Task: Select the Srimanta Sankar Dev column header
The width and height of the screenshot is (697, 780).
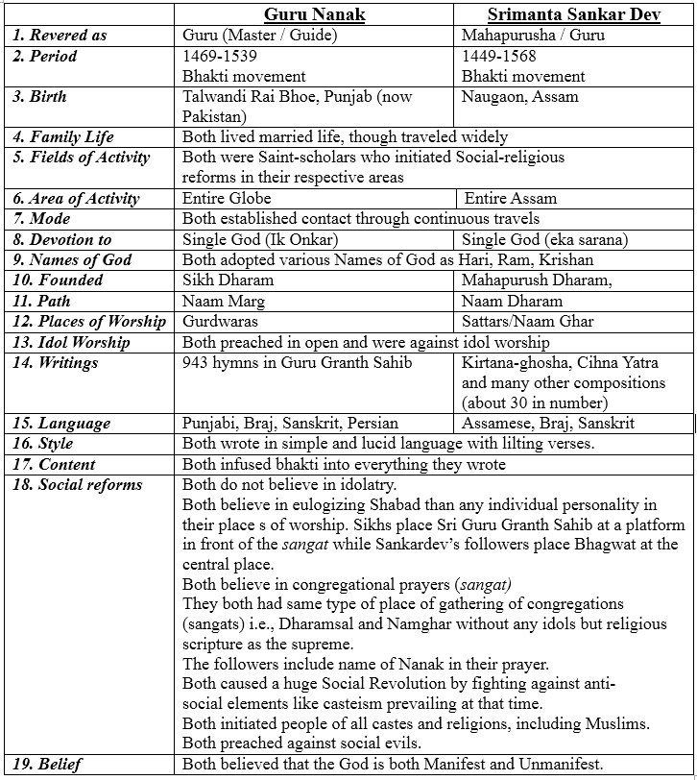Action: click(x=574, y=15)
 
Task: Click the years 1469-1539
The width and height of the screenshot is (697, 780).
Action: click(x=216, y=57)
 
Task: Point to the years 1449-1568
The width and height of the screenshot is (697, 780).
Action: click(x=498, y=57)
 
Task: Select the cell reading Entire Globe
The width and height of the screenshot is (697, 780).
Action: click(x=227, y=199)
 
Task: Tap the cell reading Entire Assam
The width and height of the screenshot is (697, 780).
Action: click(x=510, y=199)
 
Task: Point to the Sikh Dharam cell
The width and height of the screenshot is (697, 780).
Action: click(x=228, y=280)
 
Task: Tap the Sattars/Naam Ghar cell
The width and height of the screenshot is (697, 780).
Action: click(x=527, y=321)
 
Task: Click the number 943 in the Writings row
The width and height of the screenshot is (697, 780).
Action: click(x=196, y=362)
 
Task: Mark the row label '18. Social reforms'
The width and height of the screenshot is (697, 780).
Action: click(x=77, y=484)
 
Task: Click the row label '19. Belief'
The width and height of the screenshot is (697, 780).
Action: click(x=47, y=766)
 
